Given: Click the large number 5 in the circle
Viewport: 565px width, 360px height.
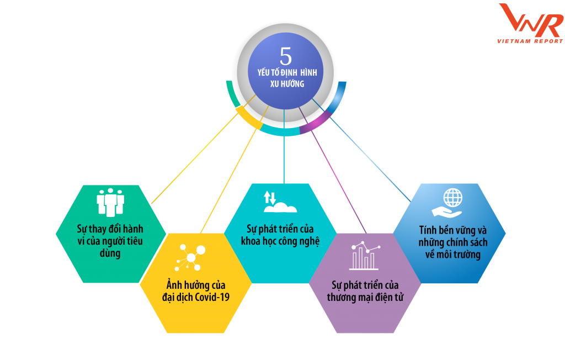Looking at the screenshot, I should pyautogui.click(x=285, y=56).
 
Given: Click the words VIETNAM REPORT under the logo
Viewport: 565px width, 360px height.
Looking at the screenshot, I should pyautogui.click(x=530, y=41).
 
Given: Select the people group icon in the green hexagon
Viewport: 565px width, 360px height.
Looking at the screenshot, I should pyautogui.click(x=110, y=202).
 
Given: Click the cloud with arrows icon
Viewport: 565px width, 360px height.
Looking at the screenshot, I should pyautogui.click(x=279, y=202).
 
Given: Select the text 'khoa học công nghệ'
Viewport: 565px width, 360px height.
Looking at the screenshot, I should pyautogui.click(x=280, y=241).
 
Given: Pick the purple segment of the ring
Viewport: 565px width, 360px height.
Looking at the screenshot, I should pyautogui.click(x=315, y=123).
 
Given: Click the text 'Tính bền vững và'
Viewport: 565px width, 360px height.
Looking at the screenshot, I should pyautogui.click(x=449, y=229).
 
